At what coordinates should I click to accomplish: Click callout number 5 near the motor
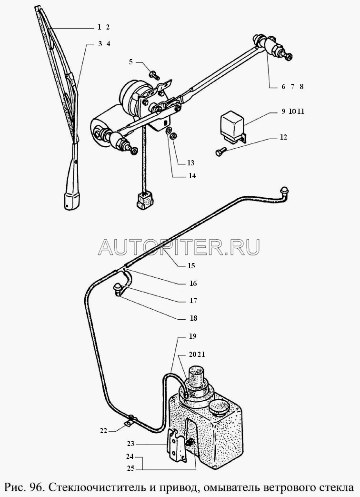click(130, 61)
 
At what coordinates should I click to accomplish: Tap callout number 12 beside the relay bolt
click(283, 137)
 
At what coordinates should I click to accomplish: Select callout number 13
click(190, 163)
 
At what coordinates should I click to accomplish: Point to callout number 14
click(192, 176)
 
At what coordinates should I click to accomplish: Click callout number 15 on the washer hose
click(191, 265)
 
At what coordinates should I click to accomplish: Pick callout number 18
click(193, 318)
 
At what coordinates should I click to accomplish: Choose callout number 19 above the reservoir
click(192, 336)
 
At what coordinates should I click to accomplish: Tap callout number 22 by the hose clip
click(103, 431)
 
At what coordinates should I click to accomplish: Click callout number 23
click(131, 444)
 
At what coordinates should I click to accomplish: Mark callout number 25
click(131, 468)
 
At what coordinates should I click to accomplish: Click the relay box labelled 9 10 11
click(233, 127)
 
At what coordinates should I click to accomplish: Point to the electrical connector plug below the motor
click(144, 201)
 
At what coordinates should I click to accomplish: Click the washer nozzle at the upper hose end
click(283, 191)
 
